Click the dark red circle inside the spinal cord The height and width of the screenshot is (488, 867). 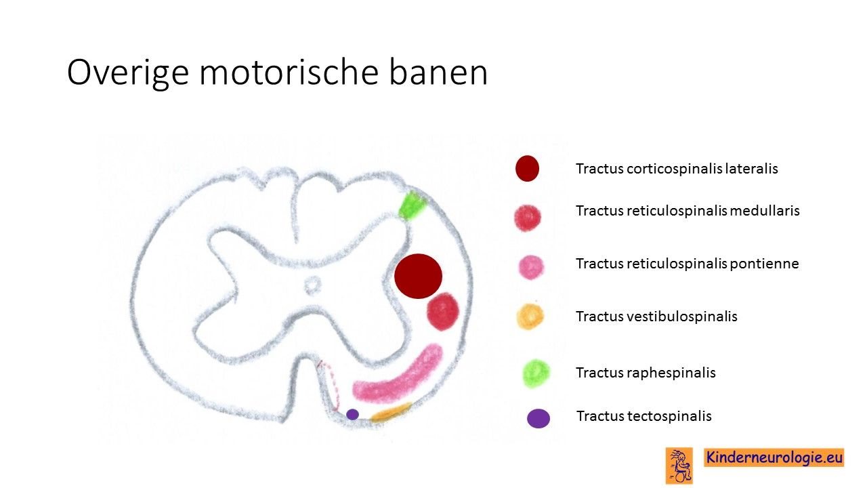418,276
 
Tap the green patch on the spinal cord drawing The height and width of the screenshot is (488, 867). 413,205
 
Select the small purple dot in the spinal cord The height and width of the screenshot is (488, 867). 352,414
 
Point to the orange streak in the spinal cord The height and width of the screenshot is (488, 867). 391,413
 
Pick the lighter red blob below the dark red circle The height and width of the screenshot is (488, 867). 443,311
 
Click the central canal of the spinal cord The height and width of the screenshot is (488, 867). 312,285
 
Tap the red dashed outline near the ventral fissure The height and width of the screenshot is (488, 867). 330,386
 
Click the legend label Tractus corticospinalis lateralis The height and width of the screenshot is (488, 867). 677,169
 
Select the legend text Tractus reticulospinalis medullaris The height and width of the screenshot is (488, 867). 688,211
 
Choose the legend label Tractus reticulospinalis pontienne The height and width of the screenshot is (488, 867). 687,264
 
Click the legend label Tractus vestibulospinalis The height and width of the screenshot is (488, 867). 656,317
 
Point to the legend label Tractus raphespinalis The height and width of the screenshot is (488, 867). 646,373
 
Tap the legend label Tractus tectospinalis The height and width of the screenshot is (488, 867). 644,416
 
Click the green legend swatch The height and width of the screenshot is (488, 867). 536,373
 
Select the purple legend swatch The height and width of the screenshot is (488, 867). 538,418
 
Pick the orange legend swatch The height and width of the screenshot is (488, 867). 530,317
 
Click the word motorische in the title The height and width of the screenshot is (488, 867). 289,72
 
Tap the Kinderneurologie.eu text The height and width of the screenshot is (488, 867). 774,457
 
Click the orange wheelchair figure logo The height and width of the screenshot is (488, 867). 679,466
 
